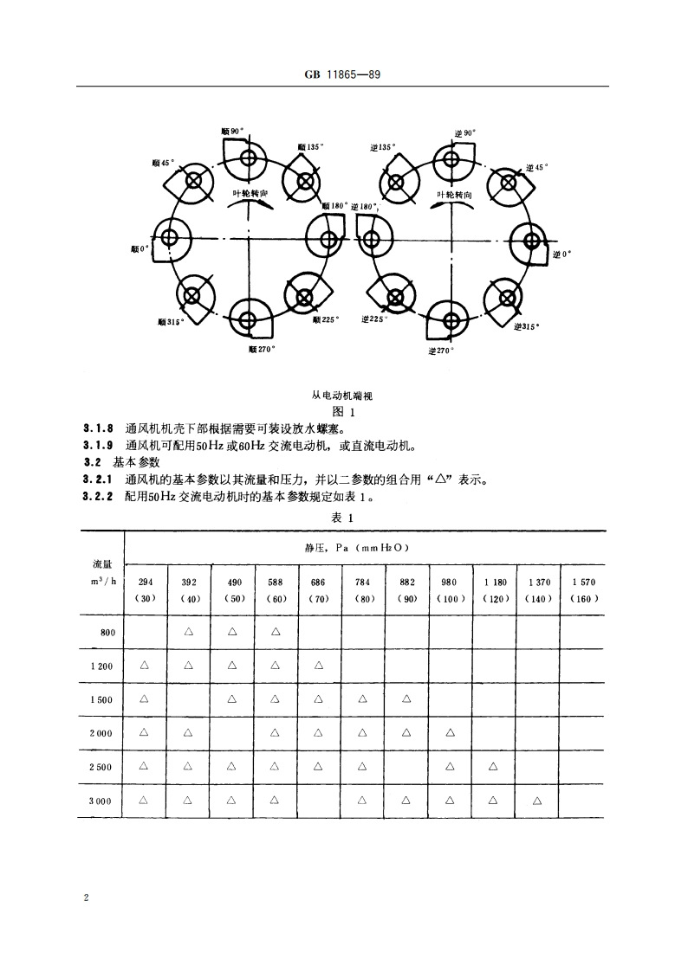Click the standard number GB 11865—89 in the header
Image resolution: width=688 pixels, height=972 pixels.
tap(343, 75)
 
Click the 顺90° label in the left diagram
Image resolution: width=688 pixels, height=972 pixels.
tap(231, 131)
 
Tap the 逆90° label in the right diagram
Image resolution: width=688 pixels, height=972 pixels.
tap(464, 132)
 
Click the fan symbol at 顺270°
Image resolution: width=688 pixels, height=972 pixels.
tap(248, 320)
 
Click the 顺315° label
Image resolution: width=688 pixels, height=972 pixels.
tap(170, 321)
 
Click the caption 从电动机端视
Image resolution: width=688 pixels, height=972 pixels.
tap(345, 396)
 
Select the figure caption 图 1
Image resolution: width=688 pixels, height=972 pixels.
tap(344, 412)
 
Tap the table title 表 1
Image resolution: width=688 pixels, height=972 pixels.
tap(344, 518)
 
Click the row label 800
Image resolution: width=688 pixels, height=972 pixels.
tap(107, 632)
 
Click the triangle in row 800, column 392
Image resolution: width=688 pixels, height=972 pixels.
tap(189, 632)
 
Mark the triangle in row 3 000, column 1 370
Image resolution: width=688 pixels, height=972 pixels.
tap(537, 801)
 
